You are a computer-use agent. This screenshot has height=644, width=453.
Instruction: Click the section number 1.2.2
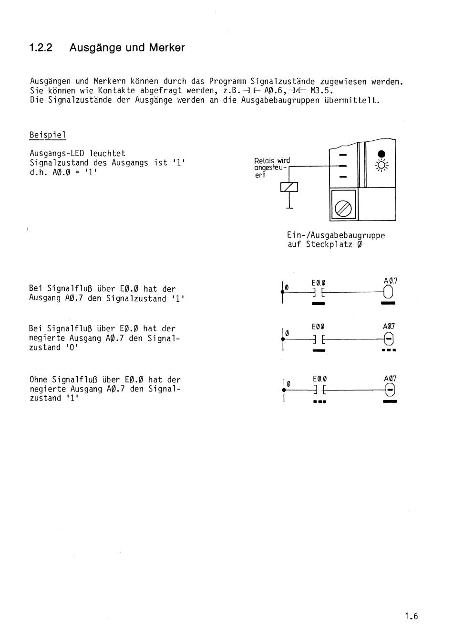41,48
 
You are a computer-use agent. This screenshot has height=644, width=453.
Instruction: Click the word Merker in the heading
166,48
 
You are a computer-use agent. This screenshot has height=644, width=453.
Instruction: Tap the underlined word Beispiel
48,135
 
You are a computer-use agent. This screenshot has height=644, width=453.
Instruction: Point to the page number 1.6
411,616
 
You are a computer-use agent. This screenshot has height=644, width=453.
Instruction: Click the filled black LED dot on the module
381,154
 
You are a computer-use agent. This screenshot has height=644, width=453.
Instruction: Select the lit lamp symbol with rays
381,166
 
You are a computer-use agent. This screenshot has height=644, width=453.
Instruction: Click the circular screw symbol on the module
343,208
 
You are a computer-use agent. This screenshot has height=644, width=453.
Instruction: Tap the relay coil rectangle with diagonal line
289,187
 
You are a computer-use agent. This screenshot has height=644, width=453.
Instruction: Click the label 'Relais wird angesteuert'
272,168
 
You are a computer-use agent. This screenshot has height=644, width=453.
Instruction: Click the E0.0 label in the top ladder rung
319,283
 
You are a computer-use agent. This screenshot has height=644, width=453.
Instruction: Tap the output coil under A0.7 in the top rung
388,292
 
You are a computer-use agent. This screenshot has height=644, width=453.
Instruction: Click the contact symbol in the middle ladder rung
319,339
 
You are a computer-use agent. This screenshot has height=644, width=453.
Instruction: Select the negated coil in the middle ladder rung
389,339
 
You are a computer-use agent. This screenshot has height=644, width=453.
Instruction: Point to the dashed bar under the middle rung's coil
389,350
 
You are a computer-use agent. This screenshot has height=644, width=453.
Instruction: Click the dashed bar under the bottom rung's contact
319,401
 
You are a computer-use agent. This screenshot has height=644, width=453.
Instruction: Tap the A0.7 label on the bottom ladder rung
390,379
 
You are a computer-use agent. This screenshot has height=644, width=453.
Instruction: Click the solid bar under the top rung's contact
319,303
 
